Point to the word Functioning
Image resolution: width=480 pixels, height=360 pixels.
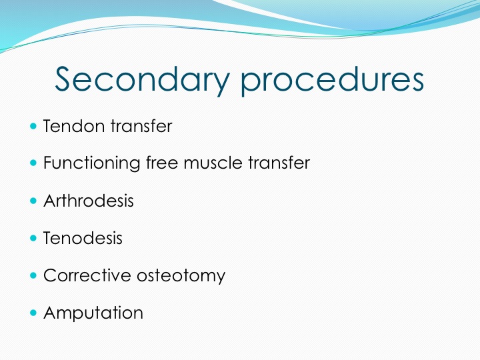click(92, 163)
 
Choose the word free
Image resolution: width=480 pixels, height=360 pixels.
click(162, 162)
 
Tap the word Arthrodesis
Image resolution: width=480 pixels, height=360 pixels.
click(89, 201)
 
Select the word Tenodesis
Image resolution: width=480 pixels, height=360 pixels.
click(83, 238)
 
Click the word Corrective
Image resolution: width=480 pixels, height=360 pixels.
click(87, 275)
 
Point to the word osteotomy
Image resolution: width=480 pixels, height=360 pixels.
click(181, 276)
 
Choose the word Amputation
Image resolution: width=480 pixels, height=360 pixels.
click(93, 313)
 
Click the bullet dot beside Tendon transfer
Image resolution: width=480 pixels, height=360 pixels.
click(33, 126)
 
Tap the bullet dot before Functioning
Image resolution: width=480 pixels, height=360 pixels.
click(33, 163)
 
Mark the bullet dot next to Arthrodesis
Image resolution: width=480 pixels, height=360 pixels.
click(33, 201)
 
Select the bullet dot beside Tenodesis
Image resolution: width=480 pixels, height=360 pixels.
click(33, 238)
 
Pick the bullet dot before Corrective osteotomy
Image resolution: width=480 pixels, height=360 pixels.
click(33, 275)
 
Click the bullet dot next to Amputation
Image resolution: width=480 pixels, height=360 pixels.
click(33, 313)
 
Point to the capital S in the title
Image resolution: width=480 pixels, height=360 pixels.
click(66, 79)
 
